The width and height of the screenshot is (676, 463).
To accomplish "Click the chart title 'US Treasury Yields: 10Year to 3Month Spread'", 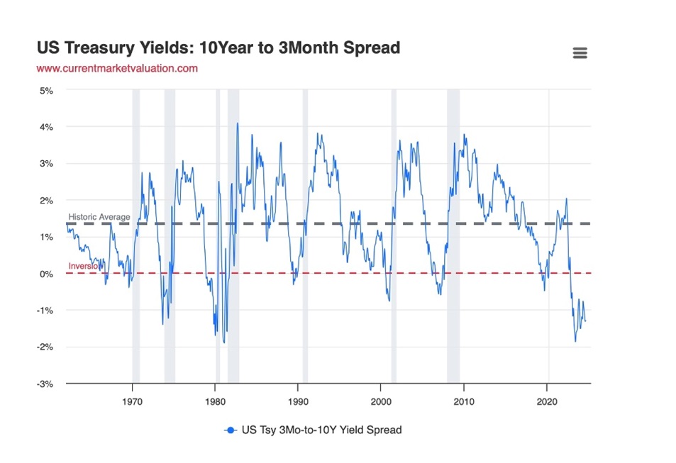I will [218, 48].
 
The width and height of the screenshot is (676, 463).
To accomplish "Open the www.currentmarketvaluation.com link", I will [117, 69].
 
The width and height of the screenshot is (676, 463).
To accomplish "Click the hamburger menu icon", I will [580, 53].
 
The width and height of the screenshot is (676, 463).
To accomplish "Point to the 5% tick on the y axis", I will [46, 90].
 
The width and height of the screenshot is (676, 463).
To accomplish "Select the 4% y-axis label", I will [46, 127].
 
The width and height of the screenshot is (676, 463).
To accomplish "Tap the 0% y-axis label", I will [46, 274].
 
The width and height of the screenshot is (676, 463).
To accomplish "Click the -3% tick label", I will [45, 384].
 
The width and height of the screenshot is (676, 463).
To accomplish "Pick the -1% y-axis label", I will [45, 311].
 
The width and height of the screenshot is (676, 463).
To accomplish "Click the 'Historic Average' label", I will [99, 216].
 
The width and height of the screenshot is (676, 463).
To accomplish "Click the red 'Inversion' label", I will [84, 266].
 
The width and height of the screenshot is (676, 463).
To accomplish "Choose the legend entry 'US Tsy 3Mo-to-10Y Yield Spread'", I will [321, 430].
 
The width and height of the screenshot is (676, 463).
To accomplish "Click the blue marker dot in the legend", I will [231, 430].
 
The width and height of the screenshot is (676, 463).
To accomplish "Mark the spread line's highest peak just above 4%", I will [238, 123].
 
